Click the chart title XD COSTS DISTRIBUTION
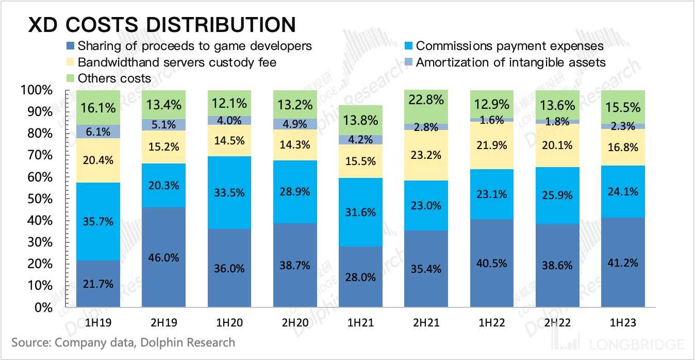[x=161, y=25]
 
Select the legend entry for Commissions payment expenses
[x=509, y=46]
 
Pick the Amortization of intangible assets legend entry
[x=510, y=62]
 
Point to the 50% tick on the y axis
[x=37, y=199]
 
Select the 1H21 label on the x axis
[x=360, y=323]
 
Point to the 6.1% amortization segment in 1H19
[x=98, y=132]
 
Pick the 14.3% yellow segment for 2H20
[x=295, y=144]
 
